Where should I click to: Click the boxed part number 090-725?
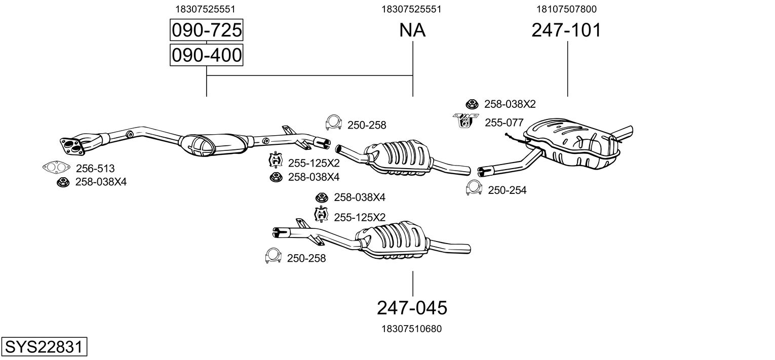tap(206, 31)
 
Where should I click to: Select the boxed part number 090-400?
tap(206, 55)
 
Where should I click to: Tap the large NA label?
tap(412, 31)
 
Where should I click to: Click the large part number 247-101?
tap(566, 31)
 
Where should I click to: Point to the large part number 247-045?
tap(412, 307)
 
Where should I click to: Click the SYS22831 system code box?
tap(44, 347)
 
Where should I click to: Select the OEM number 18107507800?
tap(566, 9)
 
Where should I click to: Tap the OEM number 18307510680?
tap(411, 329)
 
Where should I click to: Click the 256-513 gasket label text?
tap(95, 169)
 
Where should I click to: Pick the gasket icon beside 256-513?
tap(56, 167)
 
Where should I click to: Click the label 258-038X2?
tap(510, 104)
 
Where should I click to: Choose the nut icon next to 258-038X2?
tap(472, 104)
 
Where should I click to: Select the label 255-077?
tap(504, 123)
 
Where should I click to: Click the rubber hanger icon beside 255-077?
tap(466, 121)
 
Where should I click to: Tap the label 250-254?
tap(507, 190)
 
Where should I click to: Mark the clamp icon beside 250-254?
tap(474, 188)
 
